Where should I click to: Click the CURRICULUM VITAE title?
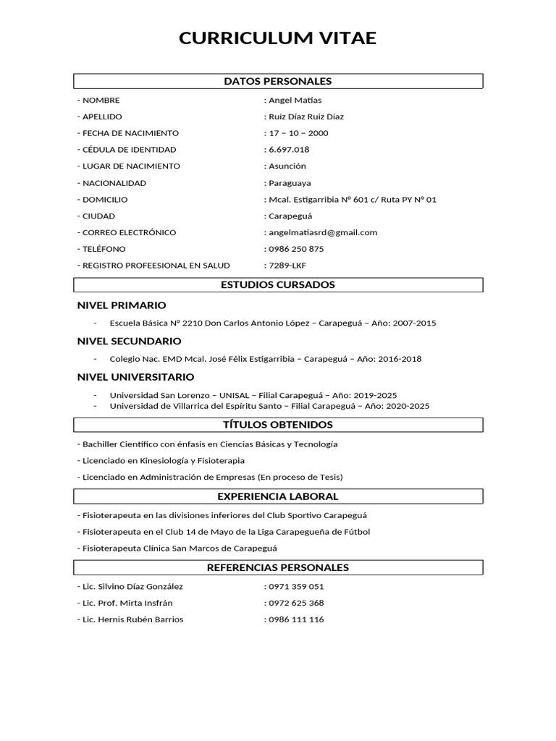point(278,38)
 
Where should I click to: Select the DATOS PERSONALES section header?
point(278,81)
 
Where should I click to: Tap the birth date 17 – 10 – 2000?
point(298,133)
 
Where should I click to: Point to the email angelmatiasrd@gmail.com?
point(322,232)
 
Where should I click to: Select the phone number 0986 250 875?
point(295,249)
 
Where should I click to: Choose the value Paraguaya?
point(289,183)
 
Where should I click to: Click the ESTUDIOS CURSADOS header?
point(278,285)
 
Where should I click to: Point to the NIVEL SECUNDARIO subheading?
point(130,341)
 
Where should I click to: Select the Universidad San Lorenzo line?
point(253,395)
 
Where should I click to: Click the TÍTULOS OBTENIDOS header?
point(278,425)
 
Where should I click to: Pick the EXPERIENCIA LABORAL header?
point(278,496)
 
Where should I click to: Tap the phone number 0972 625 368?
point(295,604)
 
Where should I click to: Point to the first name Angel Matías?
point(295,101)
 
